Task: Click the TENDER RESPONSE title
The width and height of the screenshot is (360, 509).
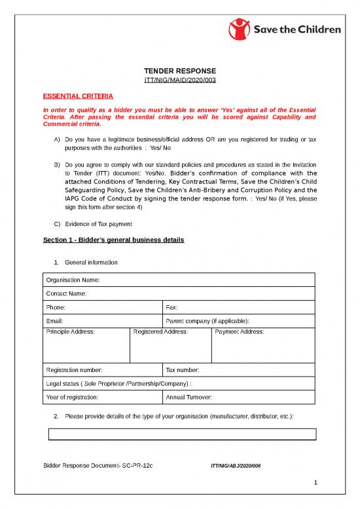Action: (x=179, y=71)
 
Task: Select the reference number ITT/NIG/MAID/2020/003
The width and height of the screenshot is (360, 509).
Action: (x=179, y=80)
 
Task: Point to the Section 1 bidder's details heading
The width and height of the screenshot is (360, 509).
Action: (x=113, y=240)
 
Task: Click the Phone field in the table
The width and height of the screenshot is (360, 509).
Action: (x=101, y=307)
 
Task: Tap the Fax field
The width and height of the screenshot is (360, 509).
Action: (x=239, y=307)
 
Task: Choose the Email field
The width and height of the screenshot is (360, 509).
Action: (x=101, y=321)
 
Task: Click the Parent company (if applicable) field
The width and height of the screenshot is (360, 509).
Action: (x=239, y=321)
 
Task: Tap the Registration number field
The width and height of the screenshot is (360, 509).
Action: (x=101, y=370)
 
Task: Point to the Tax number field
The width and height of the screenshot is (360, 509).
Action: (x=239, y=370)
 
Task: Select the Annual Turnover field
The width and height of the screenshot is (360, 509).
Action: (x=239, y=398)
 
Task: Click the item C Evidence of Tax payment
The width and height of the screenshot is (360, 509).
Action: (x=94, y=224)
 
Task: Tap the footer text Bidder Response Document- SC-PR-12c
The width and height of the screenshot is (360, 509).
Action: (x=98, y=464)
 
